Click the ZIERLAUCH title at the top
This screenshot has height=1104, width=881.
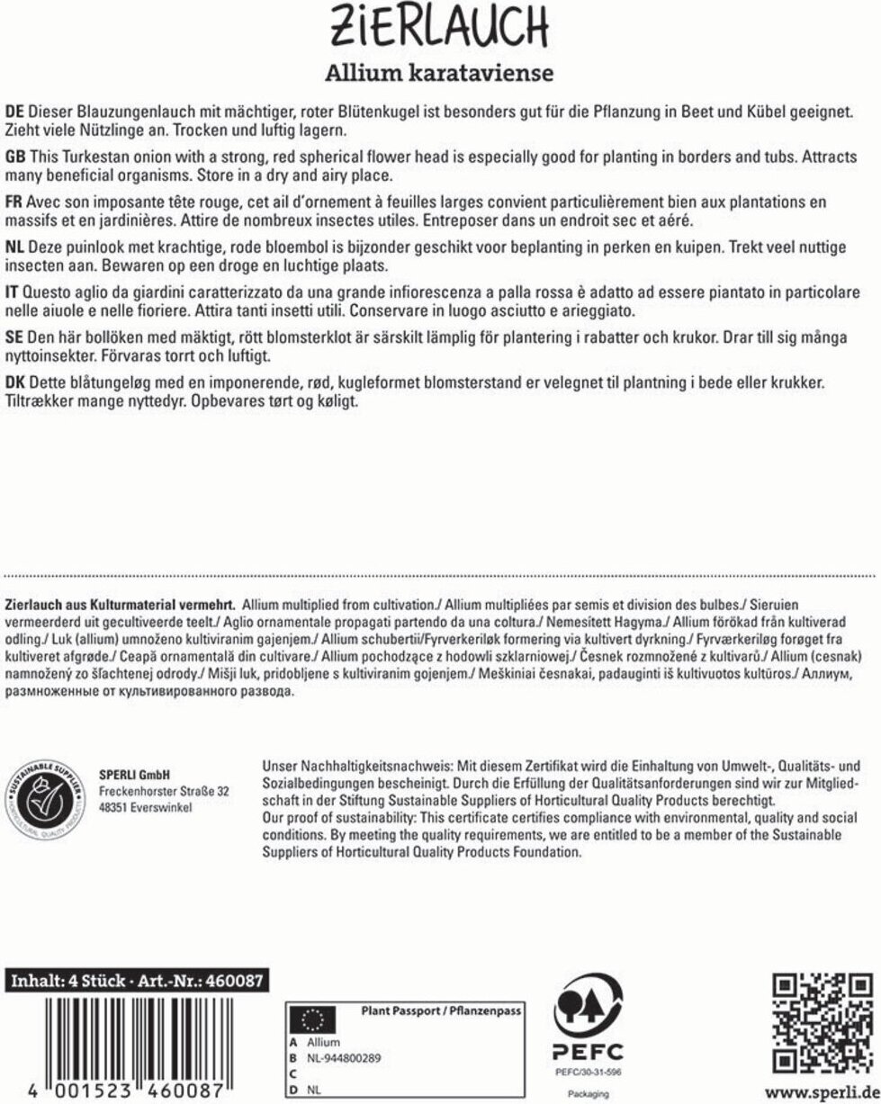[440, 28]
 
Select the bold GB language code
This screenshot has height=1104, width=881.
[15, 157]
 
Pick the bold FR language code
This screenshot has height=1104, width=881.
[14, 202]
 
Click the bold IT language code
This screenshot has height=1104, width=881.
[13, 292]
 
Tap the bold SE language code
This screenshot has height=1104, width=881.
[14, 337]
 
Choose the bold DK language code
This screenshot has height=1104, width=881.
[15, 382]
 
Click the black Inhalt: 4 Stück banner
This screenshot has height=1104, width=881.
[136, 981]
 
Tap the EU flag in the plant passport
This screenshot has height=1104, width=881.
[311, 1019]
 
